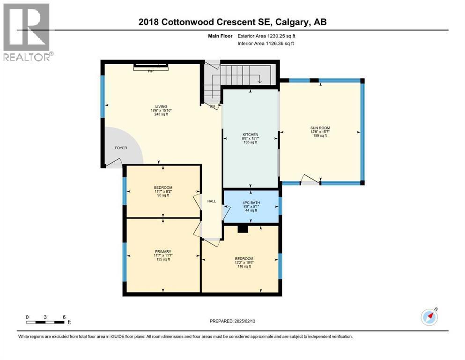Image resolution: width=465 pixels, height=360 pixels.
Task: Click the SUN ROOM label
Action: click(x=320, y=128)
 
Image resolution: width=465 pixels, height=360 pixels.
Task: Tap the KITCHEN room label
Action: click(x=250, y=135)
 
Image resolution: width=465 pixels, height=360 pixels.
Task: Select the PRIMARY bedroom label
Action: click(x=163, y=252)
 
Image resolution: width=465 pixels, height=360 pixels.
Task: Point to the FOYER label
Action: click(x=121, y=148)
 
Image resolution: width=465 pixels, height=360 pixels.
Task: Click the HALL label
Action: click(x=212, y=201)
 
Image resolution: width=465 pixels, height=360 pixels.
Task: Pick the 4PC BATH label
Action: click(x=251, y=202)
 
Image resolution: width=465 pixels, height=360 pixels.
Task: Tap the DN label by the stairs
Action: click(x=212, y=106)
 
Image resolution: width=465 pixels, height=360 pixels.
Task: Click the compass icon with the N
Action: click(x=429, y=317)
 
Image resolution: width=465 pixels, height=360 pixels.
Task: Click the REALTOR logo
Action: click(x=27, y=32)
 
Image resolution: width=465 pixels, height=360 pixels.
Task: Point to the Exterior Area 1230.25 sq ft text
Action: click(x=266, y=36)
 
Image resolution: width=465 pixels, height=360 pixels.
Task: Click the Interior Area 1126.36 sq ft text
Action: click(x=266, y=44)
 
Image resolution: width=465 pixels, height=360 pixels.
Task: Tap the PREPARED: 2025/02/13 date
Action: click(x=232, y=321)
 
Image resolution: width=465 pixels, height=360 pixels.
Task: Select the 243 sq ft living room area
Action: click(x=161, y=114)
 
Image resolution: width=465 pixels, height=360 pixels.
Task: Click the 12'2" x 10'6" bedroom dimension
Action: click(x=244, y=262)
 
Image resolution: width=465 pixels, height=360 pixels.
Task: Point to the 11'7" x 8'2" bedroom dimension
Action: click(x=163, y=191)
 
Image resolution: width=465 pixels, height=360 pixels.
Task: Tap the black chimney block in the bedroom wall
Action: click(x=243, y=229)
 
